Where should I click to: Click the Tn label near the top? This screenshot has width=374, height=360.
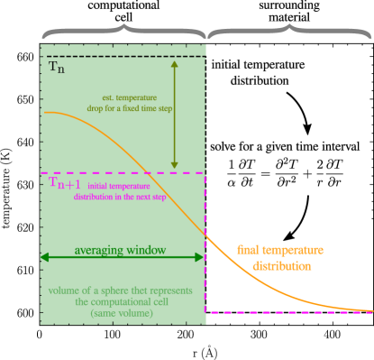point(56,68)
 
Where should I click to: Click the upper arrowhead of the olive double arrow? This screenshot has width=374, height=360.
point(175,62)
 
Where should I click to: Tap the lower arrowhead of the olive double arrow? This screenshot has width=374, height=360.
point(175,168)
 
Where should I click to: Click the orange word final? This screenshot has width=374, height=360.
point(249,250)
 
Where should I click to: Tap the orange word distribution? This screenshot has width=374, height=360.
point(281,266)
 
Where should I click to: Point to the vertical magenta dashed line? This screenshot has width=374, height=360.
point(205,244)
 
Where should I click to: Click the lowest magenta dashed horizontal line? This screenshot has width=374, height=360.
point(288,313)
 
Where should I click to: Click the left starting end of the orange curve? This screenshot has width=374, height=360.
point(44,113)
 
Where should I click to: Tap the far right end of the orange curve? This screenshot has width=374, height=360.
point(371,309)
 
